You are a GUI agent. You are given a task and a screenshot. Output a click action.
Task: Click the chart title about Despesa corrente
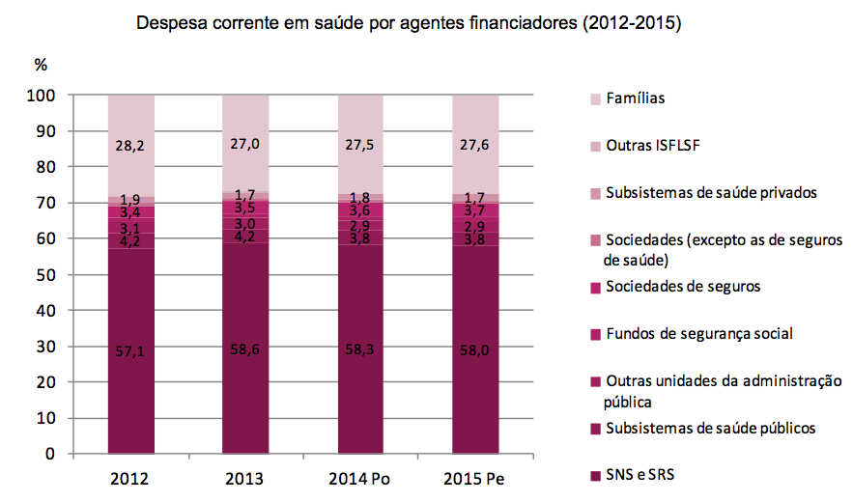coord(409,23)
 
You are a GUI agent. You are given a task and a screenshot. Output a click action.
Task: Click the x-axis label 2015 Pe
coord(473,480)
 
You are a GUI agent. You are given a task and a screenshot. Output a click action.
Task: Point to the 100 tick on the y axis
coord(47,96)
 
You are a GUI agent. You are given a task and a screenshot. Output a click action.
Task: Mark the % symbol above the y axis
coord(41,66)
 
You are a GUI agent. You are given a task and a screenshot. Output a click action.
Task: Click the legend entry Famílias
coord(635,98)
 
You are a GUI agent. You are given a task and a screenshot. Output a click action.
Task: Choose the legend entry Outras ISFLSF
coord(652,146)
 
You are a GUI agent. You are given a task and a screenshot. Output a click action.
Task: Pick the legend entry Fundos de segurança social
coord(698,334)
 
